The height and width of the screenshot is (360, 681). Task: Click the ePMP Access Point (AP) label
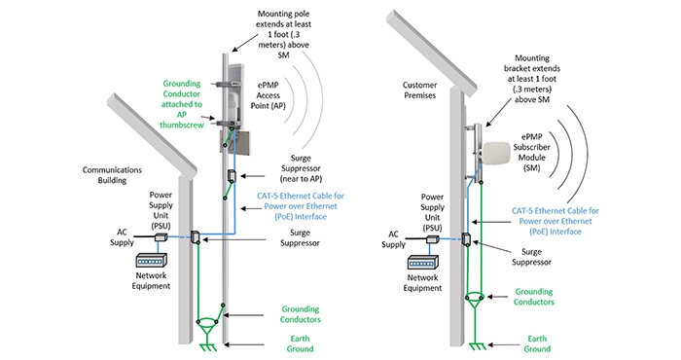pyautogui.click(x=268, y=95)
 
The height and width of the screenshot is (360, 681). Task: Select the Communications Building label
pyautogui.click(x=112, y=175)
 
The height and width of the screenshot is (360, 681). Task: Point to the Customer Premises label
pyautogui.click(x=419, y=90)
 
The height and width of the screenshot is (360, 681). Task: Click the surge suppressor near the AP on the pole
pyautogui.click(x=232, y=176)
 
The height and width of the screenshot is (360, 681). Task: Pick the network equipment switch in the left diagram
pyautogui.click(x=151, y=260)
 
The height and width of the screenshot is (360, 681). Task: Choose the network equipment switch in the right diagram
pyautogui.click(x=422, y=263)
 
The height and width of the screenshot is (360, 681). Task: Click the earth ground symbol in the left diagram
pyautogui.click(x=207, y=345)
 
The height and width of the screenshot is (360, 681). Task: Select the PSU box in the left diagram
pyautogui.click(x=161, y=237)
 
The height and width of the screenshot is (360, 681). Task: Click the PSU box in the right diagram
pyautogui.click(x=433, y=238)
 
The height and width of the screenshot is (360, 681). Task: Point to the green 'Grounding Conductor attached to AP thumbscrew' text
pyautogui.click(x=182, y=104)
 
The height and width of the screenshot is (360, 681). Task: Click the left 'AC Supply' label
pyautogui.click(x=122, y=237)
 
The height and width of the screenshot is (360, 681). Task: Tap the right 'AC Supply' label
pyautogui.click(x=393, y=239)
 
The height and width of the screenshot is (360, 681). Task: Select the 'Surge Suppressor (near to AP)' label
pyautogui.click(x=301, y=168)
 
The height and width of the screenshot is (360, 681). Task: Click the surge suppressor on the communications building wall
pyautogui.click(x=195, y=236)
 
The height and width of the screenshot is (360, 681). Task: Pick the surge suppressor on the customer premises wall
pyautogui.click(x=466, y=239)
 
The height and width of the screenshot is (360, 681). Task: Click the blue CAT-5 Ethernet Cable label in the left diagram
pyautogui.click(x=301, y=206)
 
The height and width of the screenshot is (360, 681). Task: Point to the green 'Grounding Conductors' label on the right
pyautogui.click(x=534, y=297)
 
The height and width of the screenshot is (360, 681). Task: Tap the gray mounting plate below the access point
pyautogui.click(x=235, y=142)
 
